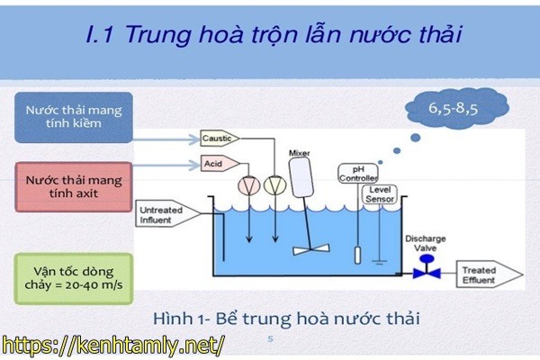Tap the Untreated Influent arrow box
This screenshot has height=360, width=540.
pos(162,215)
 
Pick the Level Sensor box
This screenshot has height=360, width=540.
pos(379,193)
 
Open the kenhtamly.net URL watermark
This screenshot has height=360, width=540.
pos(112,344)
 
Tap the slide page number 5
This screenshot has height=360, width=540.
pos(271,339)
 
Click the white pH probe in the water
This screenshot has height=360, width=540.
pos(356,251)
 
